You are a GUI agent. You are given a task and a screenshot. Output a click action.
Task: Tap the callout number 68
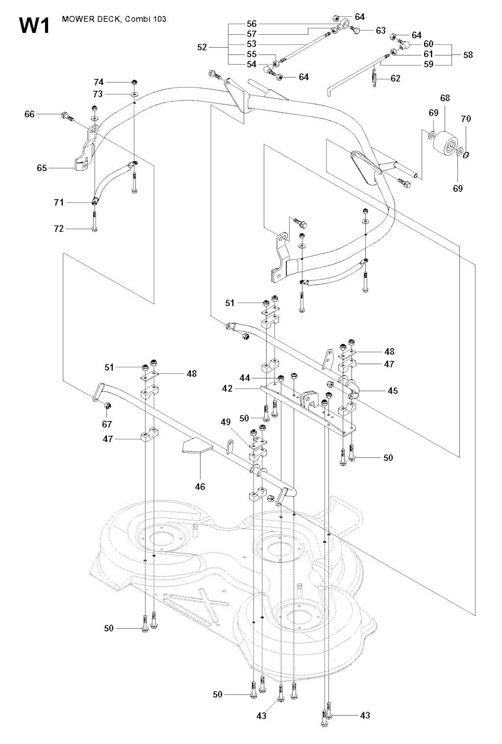(x=445, y=98)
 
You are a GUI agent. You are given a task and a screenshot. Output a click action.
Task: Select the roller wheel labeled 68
(x=445, y=143)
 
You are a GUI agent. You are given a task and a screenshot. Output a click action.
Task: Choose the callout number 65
(x=42, y=168)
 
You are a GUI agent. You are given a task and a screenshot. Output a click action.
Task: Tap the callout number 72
(x=59, y=229)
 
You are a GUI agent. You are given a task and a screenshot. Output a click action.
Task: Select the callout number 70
(x=466, y=119)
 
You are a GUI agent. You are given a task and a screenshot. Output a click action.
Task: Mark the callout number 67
(x=107, y=424)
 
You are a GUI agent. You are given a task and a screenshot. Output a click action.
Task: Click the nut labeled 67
(x=108, y=405)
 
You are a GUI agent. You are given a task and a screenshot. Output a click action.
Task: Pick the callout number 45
(x=392, y=391)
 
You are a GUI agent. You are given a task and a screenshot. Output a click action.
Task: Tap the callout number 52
(x=202, y=48)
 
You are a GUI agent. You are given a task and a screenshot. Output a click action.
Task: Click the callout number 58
(x=468, y=54)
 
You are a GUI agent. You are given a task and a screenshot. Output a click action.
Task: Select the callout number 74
(x=99, y=82)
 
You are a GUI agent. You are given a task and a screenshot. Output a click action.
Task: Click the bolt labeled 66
(x=66, y=116)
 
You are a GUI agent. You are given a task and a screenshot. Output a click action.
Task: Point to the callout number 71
(x=59, y=202)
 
